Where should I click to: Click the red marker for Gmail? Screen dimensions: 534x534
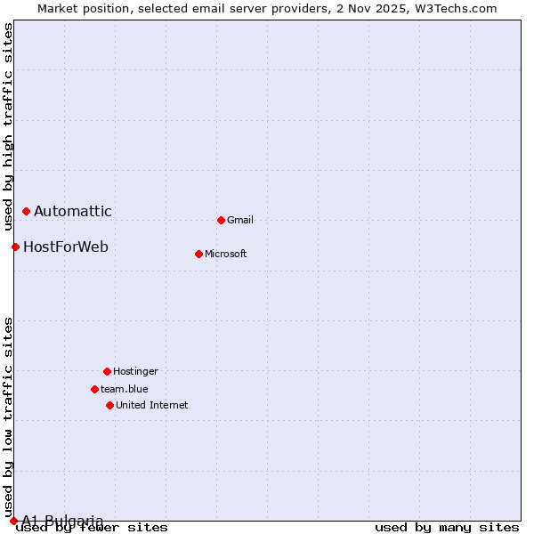(x=221, y=220)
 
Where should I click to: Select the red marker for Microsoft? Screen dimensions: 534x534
(x=198, y=254)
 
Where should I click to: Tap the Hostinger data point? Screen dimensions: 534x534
(x=107, y=371)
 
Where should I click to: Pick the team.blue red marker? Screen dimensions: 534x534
(x=94, y=389)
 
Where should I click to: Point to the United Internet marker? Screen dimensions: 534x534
(x=109, y=405)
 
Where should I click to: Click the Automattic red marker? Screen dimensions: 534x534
(x=26, y=211)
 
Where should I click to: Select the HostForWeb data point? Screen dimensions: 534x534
(x=15, y=247)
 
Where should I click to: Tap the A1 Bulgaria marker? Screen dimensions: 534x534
(x=13, y=521)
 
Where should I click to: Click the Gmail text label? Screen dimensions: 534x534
(x=240, y=220)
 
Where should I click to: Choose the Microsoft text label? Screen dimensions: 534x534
(x=226, y=254)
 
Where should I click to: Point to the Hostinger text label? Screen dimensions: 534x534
(x=135, y=371)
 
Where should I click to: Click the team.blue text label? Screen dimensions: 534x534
(x=125, y=389)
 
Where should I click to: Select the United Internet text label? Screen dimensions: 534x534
(x=152, y=405)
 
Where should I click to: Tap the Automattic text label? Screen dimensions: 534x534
(x=73, y=211)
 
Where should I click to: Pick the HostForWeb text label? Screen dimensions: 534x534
(x=66, y=247)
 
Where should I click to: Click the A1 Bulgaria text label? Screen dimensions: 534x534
(x=62, y=521)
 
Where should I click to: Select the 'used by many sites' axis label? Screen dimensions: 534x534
(x=447, y=527)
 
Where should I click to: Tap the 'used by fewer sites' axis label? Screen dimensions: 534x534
(x=93, y=528)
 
